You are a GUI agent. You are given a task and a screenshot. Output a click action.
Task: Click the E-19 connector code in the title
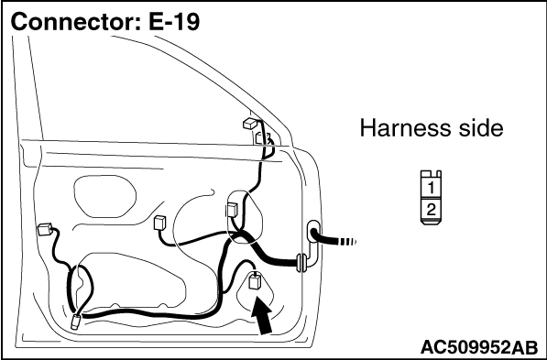[x=174, y=22]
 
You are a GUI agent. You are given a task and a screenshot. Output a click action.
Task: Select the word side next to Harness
[x=477, y=127]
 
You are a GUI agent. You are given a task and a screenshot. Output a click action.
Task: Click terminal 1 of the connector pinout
[x=432, y=188]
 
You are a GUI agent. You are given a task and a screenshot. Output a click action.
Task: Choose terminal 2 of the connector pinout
[x=432, y=210]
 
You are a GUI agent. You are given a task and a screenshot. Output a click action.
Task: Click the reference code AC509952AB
[x=479, y=347]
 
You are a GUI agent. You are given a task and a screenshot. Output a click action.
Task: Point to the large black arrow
[x=262, y=315]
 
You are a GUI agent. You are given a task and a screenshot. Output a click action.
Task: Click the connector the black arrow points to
[x=255, y=281]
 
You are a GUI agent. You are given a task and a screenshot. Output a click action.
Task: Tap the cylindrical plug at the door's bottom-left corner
[x=75, y=322]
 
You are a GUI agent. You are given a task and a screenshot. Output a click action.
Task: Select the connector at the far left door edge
[x=45, y=230]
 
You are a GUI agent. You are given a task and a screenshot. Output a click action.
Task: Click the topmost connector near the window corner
[x=251, y=124]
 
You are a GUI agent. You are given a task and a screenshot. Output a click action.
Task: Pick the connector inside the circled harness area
[x=232, y=209]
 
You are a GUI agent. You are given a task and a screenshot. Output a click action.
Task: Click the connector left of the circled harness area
[x=159, y=223]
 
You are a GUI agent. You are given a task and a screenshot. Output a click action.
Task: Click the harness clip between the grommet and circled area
[x=301, y=262]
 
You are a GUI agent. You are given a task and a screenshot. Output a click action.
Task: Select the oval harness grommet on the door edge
[x=313, y=231]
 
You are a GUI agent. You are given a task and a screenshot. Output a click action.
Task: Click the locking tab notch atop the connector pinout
[x=432, y=174]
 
